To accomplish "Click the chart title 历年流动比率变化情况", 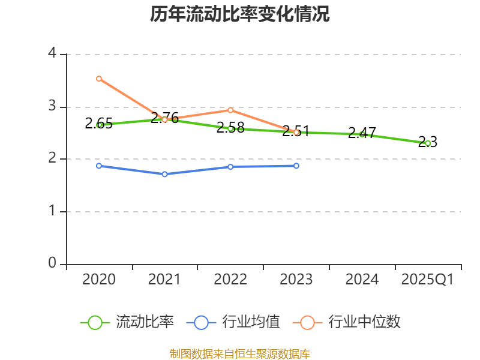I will tap(240, 14).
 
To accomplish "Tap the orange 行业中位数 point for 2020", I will tap(99, 79).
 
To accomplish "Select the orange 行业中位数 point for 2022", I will tap(230, 110).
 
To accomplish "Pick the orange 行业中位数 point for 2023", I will tap(296, 132).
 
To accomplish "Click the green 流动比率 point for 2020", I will tap(99, 125).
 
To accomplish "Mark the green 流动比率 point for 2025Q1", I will tap(428, 143).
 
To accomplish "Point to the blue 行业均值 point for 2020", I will tap(99, 166).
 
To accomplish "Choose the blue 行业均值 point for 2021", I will tap(165, 174).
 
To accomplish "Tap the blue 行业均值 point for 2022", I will tap(230, 166).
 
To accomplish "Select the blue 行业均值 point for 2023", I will tap(296, 166).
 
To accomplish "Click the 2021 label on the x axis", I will tap(165, 280).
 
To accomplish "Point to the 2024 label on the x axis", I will tap(362, 280).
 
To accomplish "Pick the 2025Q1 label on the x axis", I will tap(428, 280).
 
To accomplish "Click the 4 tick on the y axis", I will tap(52, 54).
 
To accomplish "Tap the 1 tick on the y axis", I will tap(52, 211).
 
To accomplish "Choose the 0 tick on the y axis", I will tap(52, 263).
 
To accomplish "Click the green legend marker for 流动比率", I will tap(95, 322).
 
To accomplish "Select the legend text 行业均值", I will tap(251, 322).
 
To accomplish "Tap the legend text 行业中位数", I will tap(365, 322).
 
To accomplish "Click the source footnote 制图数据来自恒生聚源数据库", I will tap(240, 353).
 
